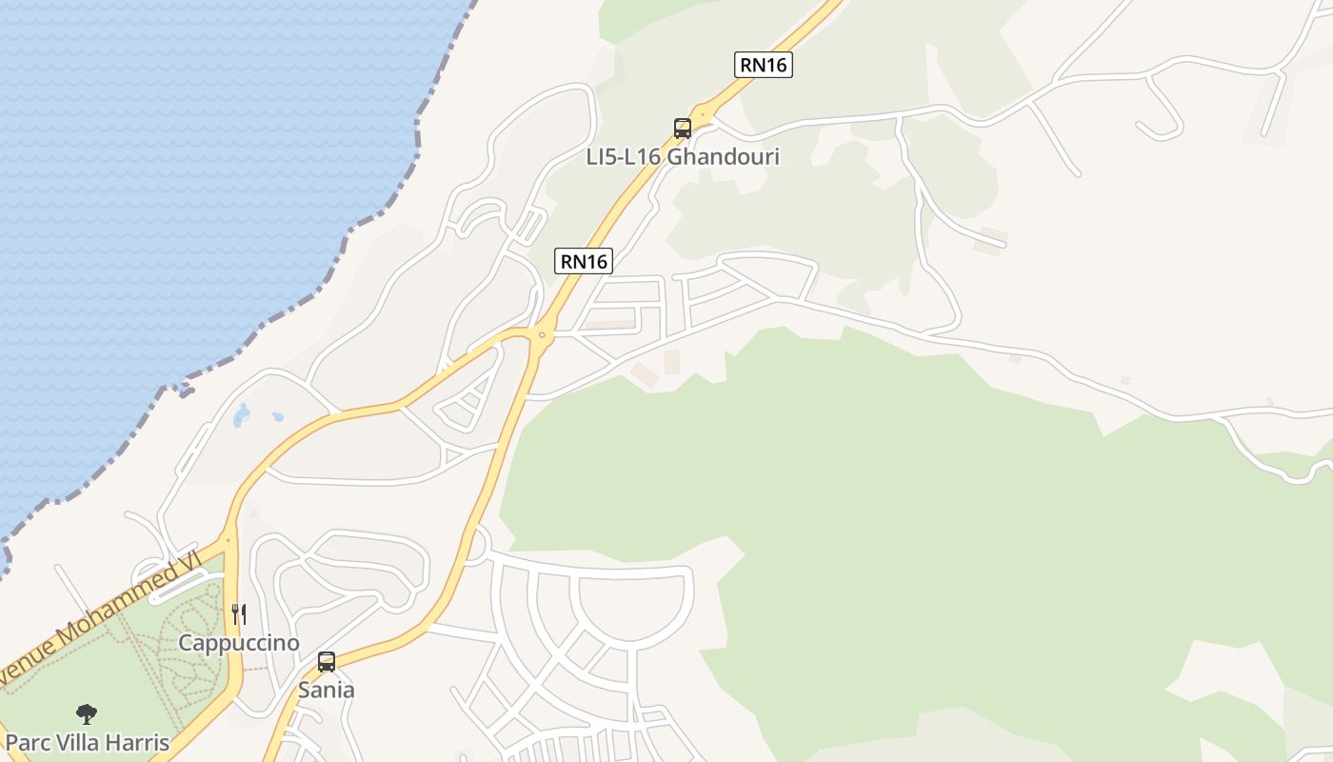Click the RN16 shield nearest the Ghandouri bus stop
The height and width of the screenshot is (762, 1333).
tap(764, 65)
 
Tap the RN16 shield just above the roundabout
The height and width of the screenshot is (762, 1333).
tap(584, 261)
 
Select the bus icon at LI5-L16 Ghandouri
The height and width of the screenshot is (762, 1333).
tap(682, 129)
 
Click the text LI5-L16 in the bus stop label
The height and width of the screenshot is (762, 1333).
tap(624, 157)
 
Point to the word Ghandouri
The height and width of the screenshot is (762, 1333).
tap(723, 157)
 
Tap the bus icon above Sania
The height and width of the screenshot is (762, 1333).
tap(327, 662)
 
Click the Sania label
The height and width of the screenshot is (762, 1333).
tap(327, 690)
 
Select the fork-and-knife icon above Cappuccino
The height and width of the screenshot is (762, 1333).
tap(239, 614)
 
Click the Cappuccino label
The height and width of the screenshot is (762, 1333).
tap(239, 643)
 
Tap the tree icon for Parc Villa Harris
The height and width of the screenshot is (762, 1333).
tap(87, 714)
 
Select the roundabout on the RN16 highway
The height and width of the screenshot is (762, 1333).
tap(542, 334)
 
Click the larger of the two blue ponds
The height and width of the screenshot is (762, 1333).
tap(242, 414)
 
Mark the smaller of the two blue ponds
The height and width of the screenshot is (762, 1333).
tap(277, 416)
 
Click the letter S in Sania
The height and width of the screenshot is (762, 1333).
tap(305, 690)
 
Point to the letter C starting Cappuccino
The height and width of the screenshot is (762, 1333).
tap(186, 643)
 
